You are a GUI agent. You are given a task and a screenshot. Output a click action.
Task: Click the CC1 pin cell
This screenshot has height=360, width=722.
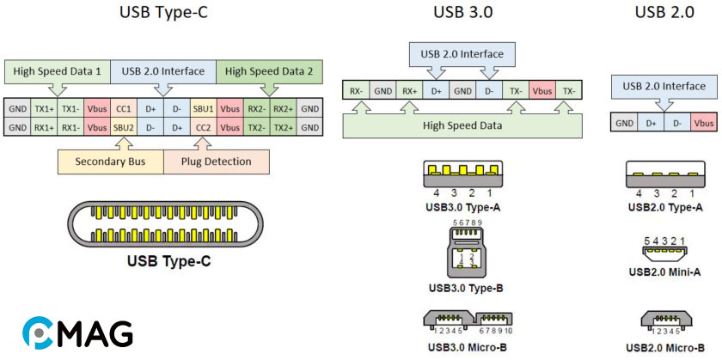click(x=124, y=110)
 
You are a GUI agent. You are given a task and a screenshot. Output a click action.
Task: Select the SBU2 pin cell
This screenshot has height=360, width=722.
click(x=124, y=127)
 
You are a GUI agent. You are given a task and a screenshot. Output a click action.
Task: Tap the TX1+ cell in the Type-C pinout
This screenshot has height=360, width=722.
click(x=44, y=110)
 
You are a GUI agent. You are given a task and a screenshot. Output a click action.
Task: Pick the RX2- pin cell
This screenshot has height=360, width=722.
click(x=256, y=110)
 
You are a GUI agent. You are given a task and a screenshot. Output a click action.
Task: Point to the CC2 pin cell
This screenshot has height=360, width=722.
click(x=203, y=127)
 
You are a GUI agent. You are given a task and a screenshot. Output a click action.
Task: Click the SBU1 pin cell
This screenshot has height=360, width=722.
click(x=203, y=110)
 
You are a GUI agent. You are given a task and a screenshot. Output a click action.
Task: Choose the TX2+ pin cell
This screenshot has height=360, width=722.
click(x=282, y=127)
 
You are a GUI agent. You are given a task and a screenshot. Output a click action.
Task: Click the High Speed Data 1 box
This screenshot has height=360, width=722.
click(x=57, y=71)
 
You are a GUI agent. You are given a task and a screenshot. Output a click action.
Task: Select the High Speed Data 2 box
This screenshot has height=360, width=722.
click(x=269, y=71)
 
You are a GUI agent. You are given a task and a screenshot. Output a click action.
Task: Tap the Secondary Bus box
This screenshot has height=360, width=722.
click(x=108, y=162)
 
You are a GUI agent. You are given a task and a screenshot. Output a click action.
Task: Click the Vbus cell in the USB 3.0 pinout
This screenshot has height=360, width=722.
click(x=541, y=89)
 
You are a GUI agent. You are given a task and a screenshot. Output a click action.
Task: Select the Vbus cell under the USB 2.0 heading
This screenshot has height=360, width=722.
click(x=703, y=122)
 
